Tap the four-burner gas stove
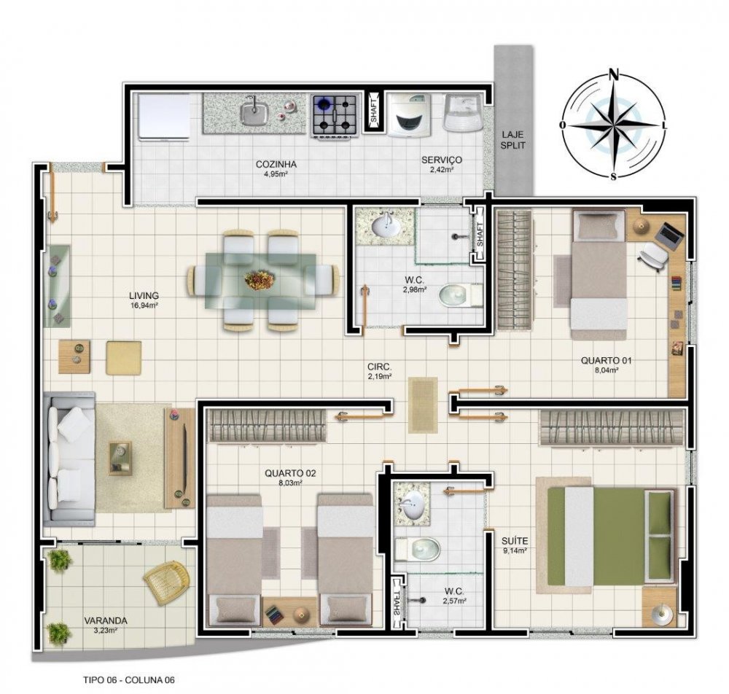point(335,115)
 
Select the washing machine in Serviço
point(410,115)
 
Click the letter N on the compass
point(614,74)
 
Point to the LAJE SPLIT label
point(512,140)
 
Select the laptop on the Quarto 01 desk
point(669,233)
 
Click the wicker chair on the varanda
point(167,582)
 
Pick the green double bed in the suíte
point(611,536)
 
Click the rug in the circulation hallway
point(423,405)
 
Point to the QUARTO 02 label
point(290,474)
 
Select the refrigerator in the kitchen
point(164,117)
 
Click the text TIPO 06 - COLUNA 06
point(129,679)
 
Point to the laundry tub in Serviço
point(463,113)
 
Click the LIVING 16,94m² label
point(144,300)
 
